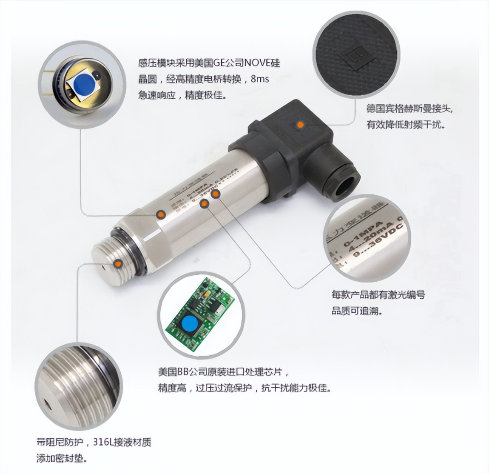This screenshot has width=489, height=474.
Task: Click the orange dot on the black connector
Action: pos(300,125)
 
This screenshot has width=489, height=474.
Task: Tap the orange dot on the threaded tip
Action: pos(118,264)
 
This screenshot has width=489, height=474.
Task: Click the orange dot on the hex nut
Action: pos(161,214)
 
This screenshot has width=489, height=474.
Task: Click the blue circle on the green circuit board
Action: pos(189,323)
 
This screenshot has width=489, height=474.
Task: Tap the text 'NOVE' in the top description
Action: pos(259,64)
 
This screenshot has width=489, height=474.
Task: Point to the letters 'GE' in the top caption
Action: pos(216,64)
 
